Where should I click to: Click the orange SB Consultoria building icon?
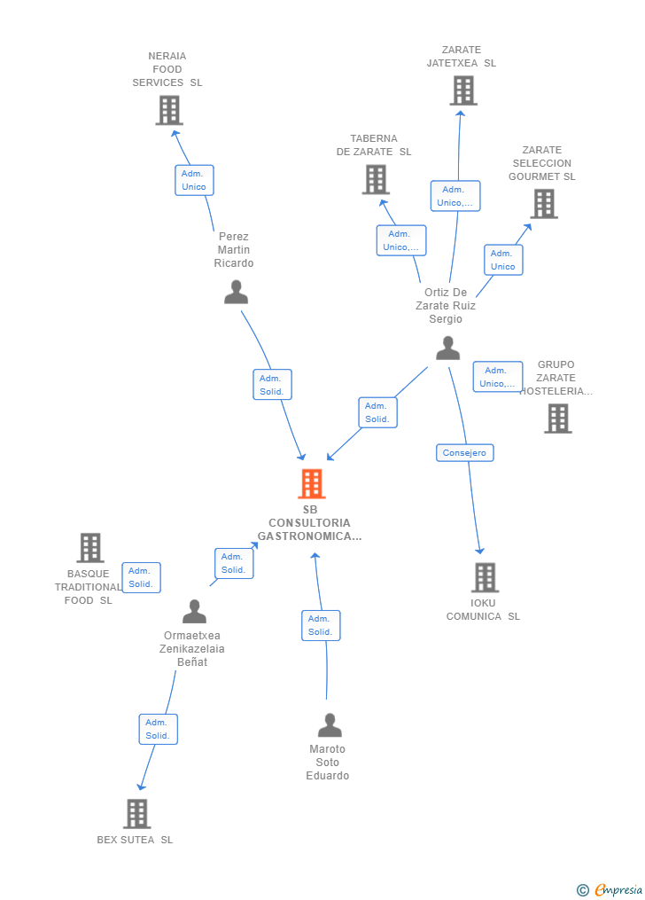coord(312,483)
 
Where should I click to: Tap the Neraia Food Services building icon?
coord(169,110)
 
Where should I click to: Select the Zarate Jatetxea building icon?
coord(463,90)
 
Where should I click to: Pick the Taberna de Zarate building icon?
coord(377,180)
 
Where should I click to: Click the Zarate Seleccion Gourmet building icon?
coord(544,204)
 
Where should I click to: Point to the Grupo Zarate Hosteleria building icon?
coord(558,419)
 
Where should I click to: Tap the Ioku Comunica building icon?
coord(485,577)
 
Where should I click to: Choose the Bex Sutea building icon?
coord(137,813)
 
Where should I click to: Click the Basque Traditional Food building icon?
coord(90,548)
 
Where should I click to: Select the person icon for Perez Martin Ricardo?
coord(236,292)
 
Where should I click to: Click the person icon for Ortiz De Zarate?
coord(447,348)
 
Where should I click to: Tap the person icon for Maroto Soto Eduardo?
coord(330,725)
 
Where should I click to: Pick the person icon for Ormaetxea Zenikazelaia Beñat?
coord(194,611)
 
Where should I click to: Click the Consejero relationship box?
coord(464,453)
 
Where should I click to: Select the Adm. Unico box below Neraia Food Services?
coord(194,180)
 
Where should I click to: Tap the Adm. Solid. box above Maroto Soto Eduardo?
coord(321,626)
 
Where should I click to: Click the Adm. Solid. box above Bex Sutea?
coord(158,729)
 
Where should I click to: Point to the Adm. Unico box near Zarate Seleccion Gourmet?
coord(503,260)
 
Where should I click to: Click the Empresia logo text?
coord(618,889)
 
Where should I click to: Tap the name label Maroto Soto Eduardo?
coord(328,763)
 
